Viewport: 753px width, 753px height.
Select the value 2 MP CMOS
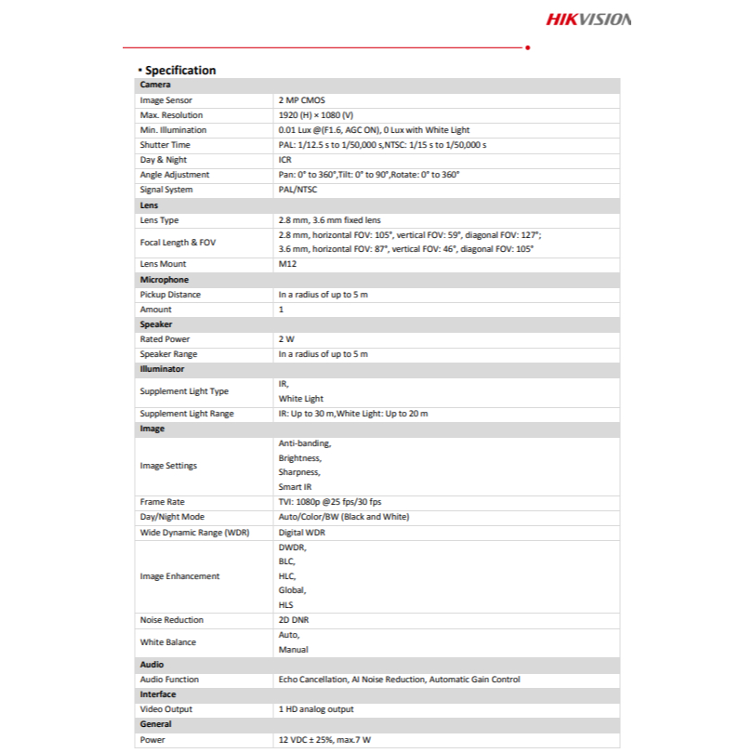tap(302, 99)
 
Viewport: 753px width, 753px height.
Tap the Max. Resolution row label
tap(170, 114)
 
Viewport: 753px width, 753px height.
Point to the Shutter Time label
tap(165, 145)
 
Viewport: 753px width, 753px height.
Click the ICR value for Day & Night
tap(285, 160)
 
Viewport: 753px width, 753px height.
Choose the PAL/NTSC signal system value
tap(297, 190)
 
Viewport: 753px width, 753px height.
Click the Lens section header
tap(149, 205)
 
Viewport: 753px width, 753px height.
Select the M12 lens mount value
tap(287, 264)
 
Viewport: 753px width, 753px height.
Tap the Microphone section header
tap(164, 279)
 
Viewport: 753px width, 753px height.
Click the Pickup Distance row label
tap(170, 295)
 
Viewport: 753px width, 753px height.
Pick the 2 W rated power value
tap(286, 339)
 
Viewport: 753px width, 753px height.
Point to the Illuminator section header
tap(162, 369)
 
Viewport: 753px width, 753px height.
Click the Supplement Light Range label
tap(187, 414)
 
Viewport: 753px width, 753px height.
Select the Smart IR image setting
tap(297, 487)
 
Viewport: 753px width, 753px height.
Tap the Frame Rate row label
tap(162, 502)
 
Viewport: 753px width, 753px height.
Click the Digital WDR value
tap(301, 532)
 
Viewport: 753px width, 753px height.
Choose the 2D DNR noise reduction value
tap(295, 620)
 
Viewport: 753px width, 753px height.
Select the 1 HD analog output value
tap(316, 709)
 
